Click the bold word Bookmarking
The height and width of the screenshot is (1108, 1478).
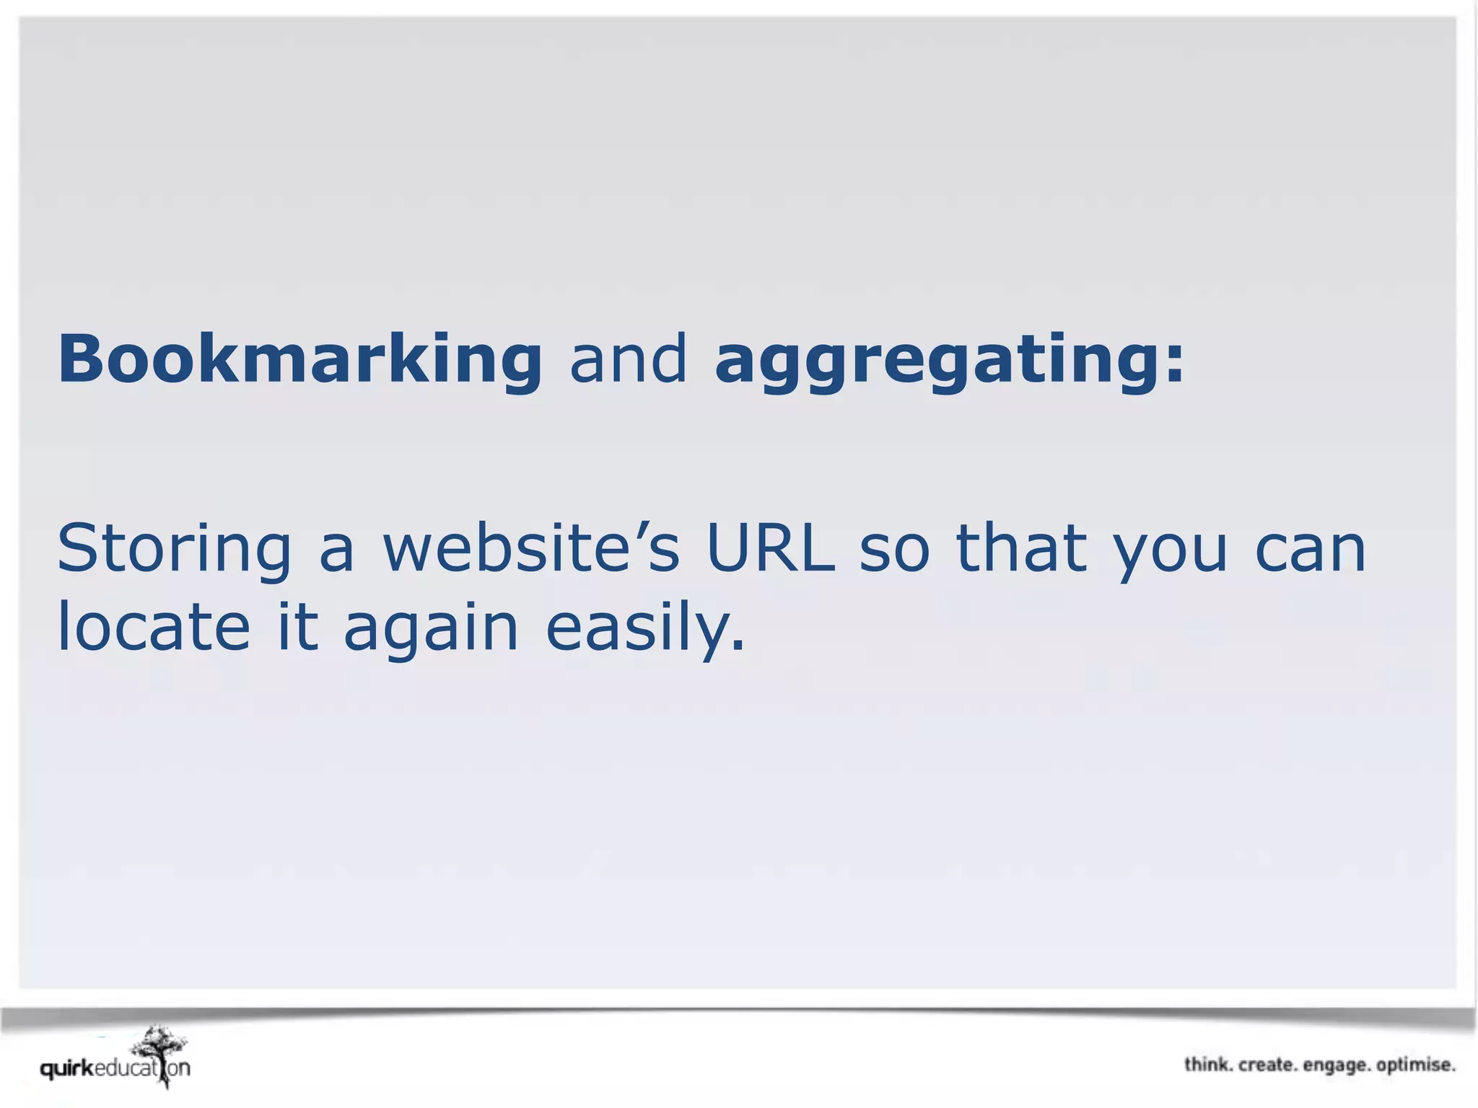coord(299,359)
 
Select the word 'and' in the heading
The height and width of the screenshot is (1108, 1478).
coord(628,359)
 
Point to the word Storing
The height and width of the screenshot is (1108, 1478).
coord(174,550)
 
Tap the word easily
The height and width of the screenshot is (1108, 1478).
coord(644,628)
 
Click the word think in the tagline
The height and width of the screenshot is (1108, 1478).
coord(1207,1065)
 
